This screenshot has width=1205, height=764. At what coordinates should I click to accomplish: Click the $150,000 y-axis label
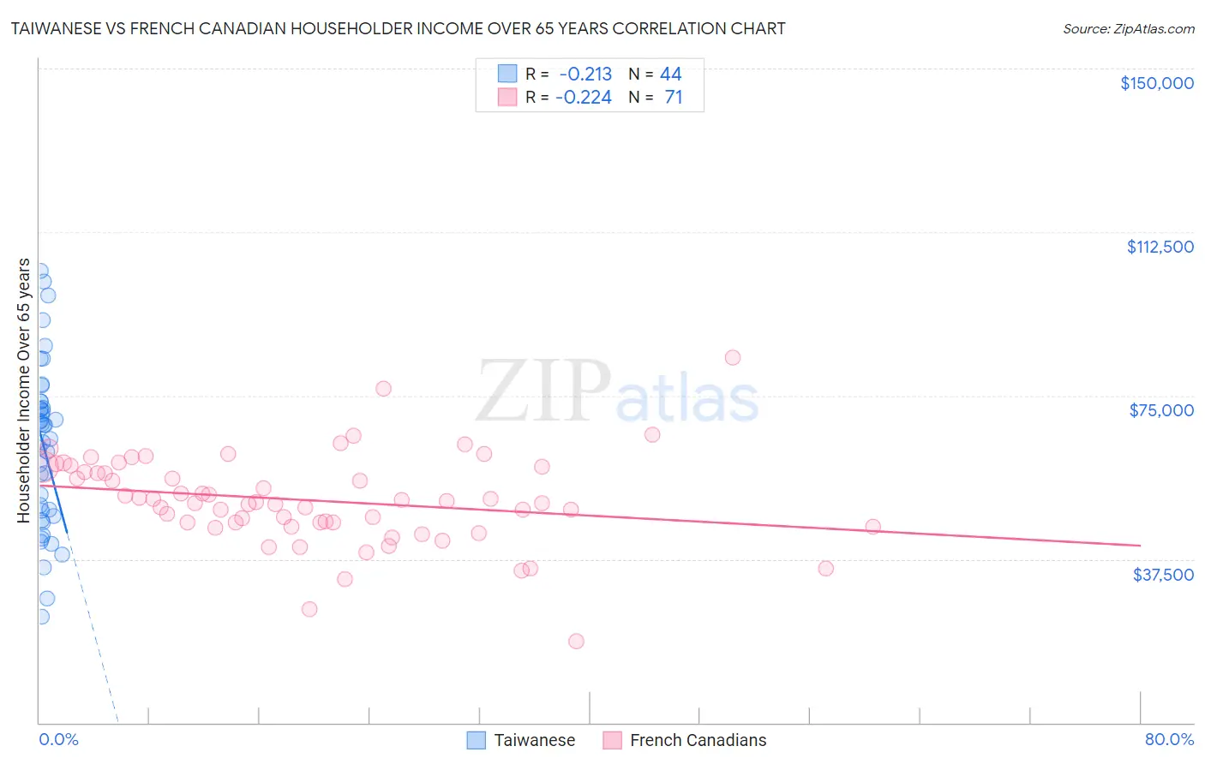pyautogui.click(x=1156, y=83)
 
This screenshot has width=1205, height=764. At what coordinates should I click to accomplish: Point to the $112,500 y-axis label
pyautogui.click(x=1160, y=247)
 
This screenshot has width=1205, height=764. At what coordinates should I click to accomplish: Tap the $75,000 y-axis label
pyautogui.click(x=1161, y=410)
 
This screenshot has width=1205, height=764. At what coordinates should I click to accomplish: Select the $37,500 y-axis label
pyautogui.click(x=1163, y=575)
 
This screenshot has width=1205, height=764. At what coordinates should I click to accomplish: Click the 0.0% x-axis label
pyautogui.click(x=58, y=739)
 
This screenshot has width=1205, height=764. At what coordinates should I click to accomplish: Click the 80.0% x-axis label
pyautogui.click(x=1169, y=739)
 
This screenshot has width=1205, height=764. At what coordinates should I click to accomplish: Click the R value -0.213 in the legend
pyautogui.click(x=585, y=75)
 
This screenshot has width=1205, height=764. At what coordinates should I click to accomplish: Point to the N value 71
pyautogui.click(x=674, y=98)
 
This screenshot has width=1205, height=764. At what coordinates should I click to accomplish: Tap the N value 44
pyautogui.click(x=670, y=75)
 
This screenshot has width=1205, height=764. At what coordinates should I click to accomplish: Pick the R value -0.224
pyautogui.click(x=584, y=98)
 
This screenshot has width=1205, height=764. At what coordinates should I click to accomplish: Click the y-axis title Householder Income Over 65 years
pyautogui.click(x=24, y=391)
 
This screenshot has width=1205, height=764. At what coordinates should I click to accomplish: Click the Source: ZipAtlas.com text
pyautogui.click(x=1128, y=29)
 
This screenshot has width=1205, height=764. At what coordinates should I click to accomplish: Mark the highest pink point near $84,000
pyautogui.click(x=732, y=357)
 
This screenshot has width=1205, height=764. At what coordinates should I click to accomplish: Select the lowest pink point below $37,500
pyautogui.click(x=576, y=641)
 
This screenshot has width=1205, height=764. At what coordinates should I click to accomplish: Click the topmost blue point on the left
pyautogui.click(x=39, y=270)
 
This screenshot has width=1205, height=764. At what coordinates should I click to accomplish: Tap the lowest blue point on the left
pyautogui.click(x=40, y=616)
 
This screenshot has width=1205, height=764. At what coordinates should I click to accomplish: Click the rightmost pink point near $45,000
pyautogui.click(x=872, y=526)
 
